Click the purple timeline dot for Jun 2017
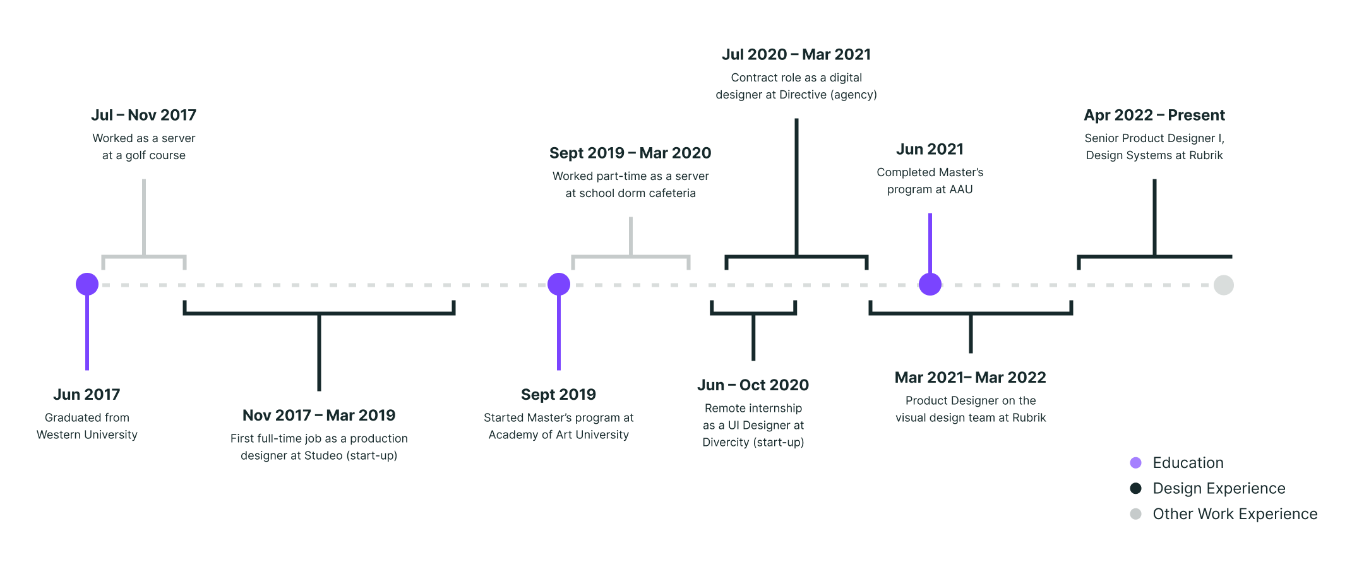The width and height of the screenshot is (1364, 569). coord(87,284)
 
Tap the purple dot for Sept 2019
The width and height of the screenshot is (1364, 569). coord(558,284)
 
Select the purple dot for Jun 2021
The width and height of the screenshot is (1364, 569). coord(930,284)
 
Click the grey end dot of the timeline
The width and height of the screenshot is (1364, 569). coord(1223,285)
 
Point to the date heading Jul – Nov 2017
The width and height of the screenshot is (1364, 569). coord(143,115)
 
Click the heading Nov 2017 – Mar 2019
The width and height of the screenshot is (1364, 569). coord(319,415)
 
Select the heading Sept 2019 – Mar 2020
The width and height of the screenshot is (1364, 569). coord(630,153)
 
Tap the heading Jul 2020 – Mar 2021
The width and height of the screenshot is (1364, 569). coord(796,54)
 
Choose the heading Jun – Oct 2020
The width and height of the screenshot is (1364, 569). coord(753,385)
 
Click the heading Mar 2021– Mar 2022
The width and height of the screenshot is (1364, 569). coord(970,377)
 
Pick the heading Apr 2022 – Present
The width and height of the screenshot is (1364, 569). coord(1154,115)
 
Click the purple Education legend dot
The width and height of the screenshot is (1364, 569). coord(1135,463)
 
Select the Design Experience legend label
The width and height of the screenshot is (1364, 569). coord(1218,488)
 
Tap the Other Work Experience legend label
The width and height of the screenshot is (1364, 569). coord(1235,514)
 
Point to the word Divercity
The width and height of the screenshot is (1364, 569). coord(725,442)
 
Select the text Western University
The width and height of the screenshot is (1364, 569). coord(87,434)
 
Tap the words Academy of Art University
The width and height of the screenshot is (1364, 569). coord(558,434)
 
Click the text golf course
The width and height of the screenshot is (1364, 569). coord(155,155)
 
